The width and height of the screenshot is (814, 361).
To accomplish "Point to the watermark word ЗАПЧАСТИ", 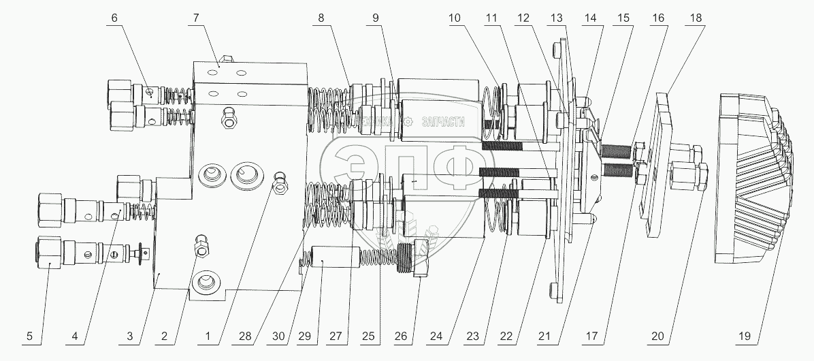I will [442, 122].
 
